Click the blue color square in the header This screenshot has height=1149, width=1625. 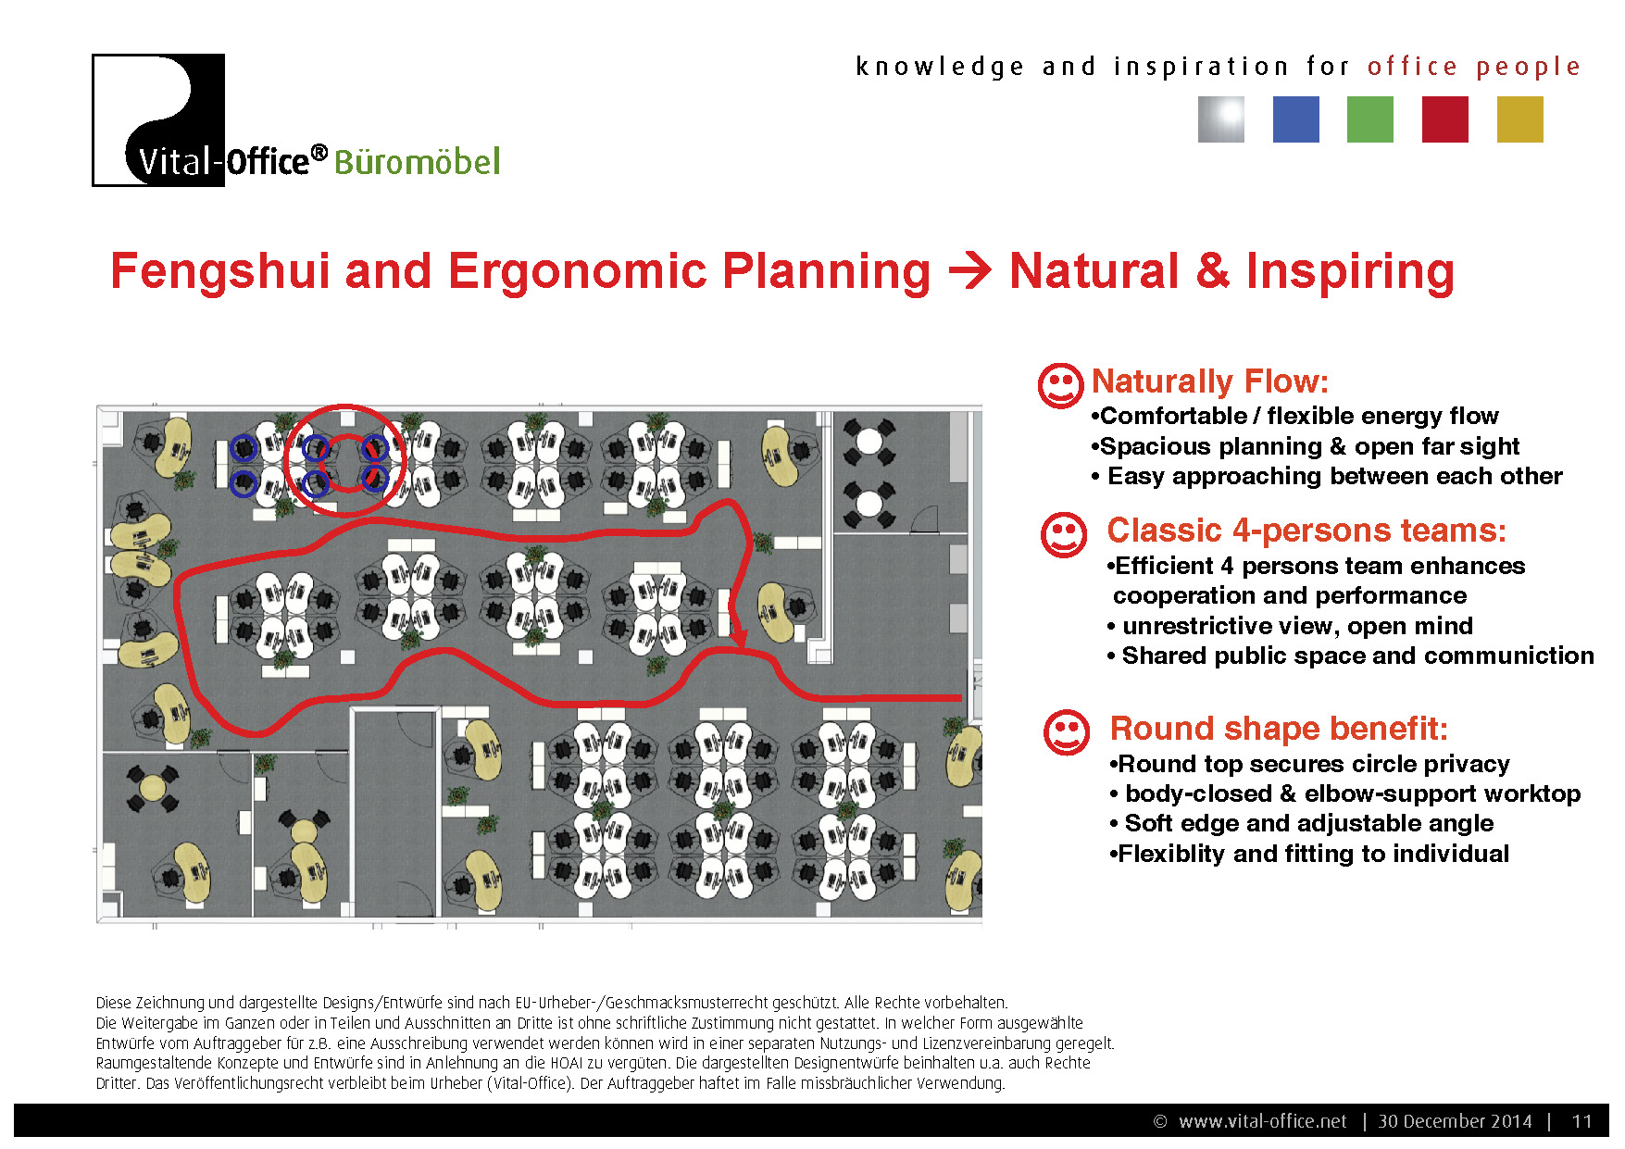[x=1295, y=119]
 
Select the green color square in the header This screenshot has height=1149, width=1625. [x=1370, y=119]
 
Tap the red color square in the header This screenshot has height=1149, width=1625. [x=1444, y=119]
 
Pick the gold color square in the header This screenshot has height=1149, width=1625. [x=1519, y=119]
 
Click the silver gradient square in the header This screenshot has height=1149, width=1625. [x=1221, y=119]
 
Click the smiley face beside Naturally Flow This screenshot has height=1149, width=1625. [x=1060, y=385]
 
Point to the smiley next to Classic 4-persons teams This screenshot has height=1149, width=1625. [x=1064, y=535]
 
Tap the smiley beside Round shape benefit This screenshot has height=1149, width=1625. [x=1067, y=733]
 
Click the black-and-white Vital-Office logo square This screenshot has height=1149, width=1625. [x=158, y=120]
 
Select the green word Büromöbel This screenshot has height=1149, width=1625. [x=417, y=162]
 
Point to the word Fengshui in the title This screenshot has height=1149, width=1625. [x=220, y=272]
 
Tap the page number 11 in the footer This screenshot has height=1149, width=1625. [x=1581, y=1121]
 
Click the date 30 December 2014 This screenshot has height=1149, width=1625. [x=1455, y=1121]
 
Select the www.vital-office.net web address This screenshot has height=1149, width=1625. [x=1263, y=1121]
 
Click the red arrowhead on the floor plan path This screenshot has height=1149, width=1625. [x=739, y=637]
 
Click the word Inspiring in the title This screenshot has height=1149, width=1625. [x=1350, y=272]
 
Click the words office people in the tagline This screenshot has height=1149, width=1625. [x=1474, y=67]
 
